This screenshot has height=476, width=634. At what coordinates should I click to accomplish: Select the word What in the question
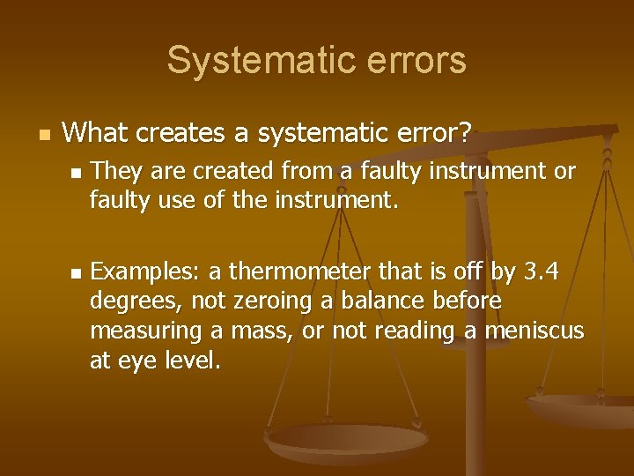click(x=96, y=134)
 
